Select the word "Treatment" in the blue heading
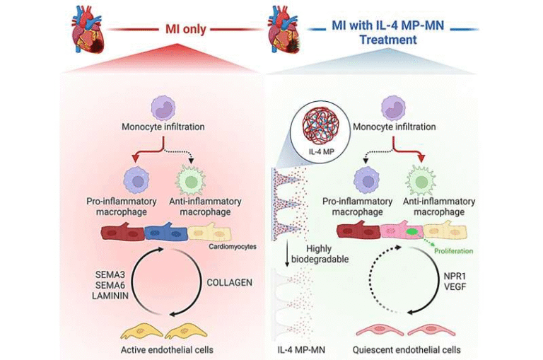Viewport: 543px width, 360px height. click(388, 40)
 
